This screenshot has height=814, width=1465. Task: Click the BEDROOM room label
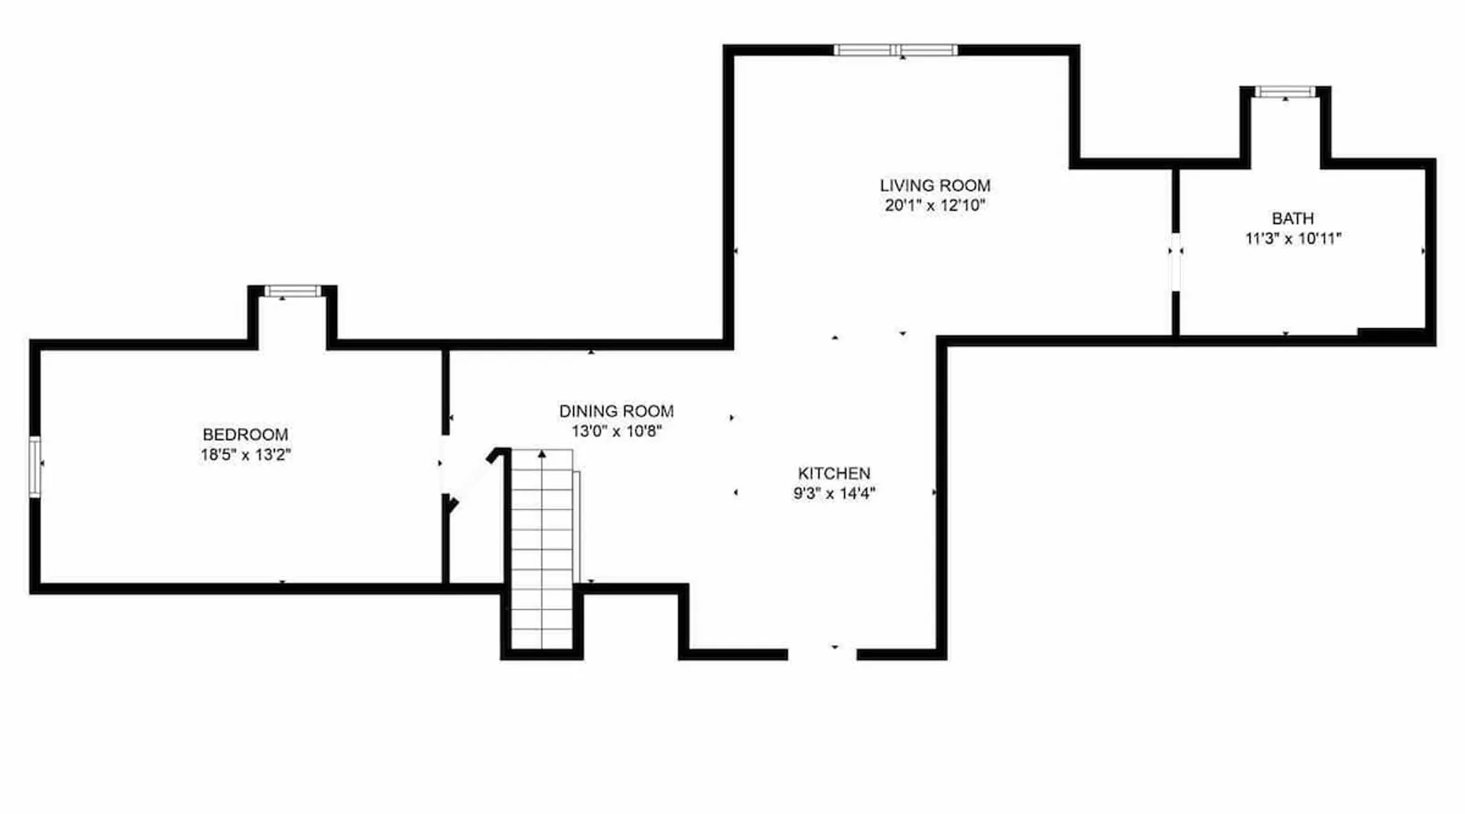245,435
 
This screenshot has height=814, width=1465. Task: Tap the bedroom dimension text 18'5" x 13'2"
246,455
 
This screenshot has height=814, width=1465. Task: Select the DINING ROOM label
616,411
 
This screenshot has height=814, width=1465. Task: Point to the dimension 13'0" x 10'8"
616,431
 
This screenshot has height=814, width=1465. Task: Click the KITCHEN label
834,473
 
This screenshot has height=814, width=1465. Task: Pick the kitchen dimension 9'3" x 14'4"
834,493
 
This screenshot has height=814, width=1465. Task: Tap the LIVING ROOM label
935,186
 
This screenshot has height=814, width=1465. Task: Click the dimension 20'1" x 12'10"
935,206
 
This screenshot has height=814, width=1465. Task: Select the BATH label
1292,218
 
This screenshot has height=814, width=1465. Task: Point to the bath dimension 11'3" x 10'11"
1293,239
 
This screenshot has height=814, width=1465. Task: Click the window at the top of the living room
896,50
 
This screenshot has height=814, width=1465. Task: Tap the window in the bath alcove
1285,92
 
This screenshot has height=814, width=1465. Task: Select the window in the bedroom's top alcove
292,291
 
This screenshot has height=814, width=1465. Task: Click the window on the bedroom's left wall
35,467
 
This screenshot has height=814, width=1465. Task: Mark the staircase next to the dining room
542,549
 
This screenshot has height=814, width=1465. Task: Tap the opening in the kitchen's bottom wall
822,654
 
